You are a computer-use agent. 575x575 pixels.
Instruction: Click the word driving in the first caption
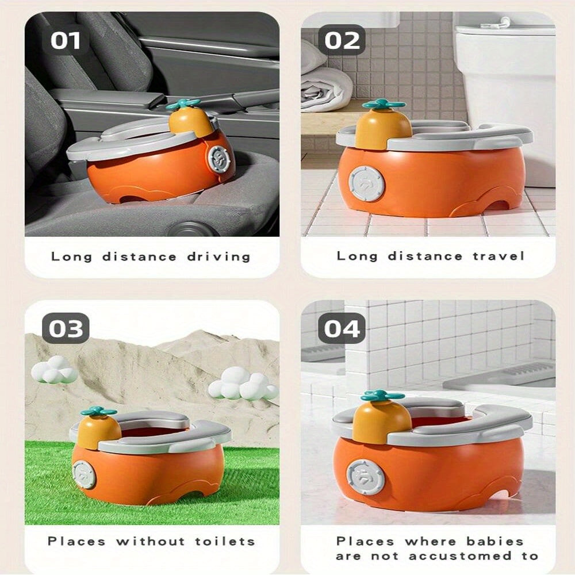[218, 256]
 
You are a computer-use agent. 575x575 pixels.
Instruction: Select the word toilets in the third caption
[225, 541]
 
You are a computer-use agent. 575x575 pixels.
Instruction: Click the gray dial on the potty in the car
[219, 158]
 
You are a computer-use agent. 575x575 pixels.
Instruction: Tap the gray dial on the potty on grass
[85, 474]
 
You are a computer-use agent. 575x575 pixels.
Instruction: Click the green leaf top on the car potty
[183, 104]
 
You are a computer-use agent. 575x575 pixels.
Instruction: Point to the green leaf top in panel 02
[383, 105]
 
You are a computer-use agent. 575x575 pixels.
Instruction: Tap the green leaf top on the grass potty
[98, 411]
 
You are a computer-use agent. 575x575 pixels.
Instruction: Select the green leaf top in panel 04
[383, 396]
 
